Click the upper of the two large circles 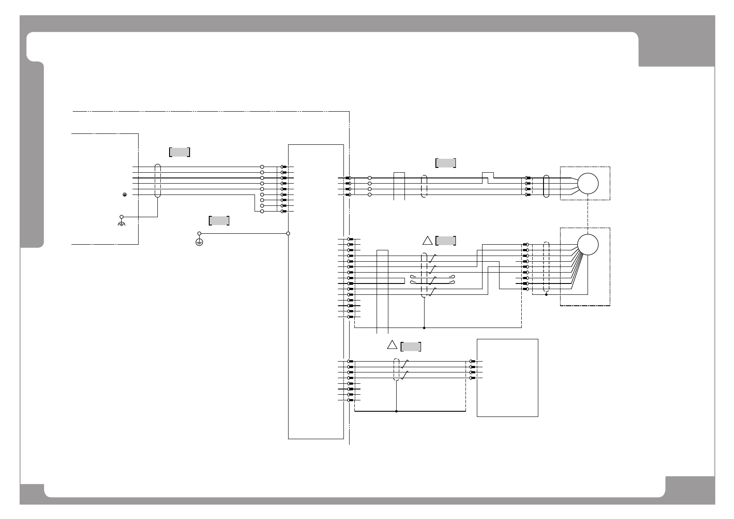tap(588, 184)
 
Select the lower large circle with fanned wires tap(588, 245)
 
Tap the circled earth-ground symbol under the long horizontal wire tap(199, 242)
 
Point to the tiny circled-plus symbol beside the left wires tap(125, 195)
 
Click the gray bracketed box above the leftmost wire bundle tap(180, 152)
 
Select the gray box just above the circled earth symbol tap(219, 221)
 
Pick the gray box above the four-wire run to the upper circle tap(445, 163)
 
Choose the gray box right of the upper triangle tap(445, 241)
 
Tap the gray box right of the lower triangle tap(411, 347)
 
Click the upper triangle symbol tap(427, 240)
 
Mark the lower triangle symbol tap(392, 345)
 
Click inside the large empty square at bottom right tap(507, 378)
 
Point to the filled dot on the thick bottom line tap(396, 411)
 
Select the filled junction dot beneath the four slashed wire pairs tap(424, 327)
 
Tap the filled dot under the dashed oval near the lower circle tap(546, 294)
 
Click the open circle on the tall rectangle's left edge tap(288, 233)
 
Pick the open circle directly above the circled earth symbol tap(199, 233)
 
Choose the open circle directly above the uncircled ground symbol tap(122, 216)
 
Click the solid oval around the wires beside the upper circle tap(546, 187)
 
